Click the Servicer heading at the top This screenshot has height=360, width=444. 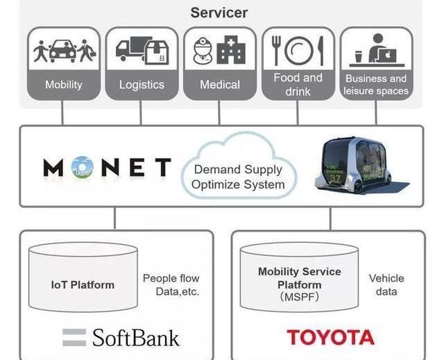[219, 12]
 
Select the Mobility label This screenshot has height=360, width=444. [63, 85]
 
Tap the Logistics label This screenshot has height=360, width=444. [142, 85]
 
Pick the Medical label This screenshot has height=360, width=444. [220, 85]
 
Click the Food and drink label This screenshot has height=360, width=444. [298, 84]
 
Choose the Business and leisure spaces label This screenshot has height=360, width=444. [376, 85]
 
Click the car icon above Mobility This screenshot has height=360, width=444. [63, 50]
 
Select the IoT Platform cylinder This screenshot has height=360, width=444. [82, 283]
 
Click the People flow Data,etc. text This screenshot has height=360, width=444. [171, 284]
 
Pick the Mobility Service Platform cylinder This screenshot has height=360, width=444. [299, 284]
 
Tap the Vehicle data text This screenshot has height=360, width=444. [386, 284]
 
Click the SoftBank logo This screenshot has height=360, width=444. [121, 338]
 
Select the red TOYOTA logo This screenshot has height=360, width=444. [330, 338]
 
